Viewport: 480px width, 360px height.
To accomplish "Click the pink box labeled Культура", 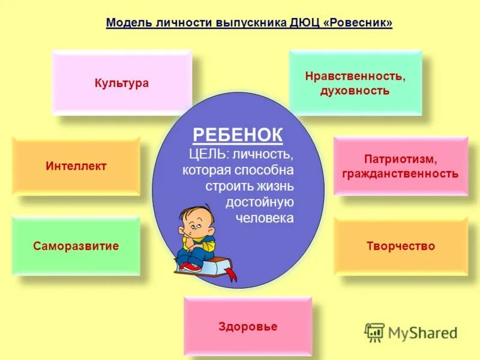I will pyautogui.click(x=121, y=83).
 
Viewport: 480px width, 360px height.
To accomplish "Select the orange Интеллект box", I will pyautogui.click(x=76, y=166).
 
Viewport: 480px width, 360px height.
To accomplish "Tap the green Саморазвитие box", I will pyautogui.click(x=76, y=246).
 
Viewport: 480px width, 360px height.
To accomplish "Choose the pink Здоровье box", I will pyautogui.click(x=248, y=327).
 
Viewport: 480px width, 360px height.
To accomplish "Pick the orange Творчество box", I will pyautogui.click(x=400, y=246).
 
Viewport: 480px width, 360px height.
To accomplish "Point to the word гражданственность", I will pyautogui.click(x=400, y=174).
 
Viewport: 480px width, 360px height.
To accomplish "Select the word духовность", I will pyautogui.click(x=355, y=91).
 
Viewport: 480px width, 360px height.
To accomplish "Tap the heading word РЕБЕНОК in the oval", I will pyautogui.click(x=238, y=135).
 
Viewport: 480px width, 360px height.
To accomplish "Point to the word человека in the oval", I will pyautogui.click(x=265, y=218).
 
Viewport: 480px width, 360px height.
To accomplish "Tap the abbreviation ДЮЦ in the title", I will pyautogui.click(x=302, y=23).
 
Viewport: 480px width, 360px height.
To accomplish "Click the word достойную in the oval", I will pyautogui.click(x=259, y=202).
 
